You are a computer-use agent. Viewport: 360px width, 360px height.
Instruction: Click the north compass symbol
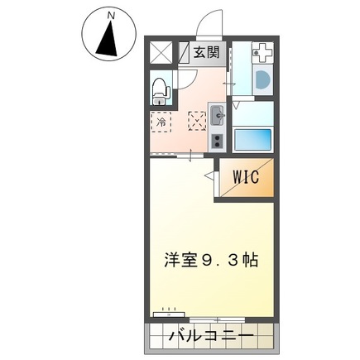109,38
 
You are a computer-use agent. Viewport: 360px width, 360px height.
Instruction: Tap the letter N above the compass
110,14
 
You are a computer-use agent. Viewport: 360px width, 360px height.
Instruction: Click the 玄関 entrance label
207,53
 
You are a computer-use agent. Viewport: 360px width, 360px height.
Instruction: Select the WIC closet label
245,177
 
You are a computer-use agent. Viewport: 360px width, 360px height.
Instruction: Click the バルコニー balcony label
214,337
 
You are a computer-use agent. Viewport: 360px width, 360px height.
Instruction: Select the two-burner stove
218,139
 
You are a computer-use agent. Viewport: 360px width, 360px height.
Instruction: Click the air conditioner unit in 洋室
170,314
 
